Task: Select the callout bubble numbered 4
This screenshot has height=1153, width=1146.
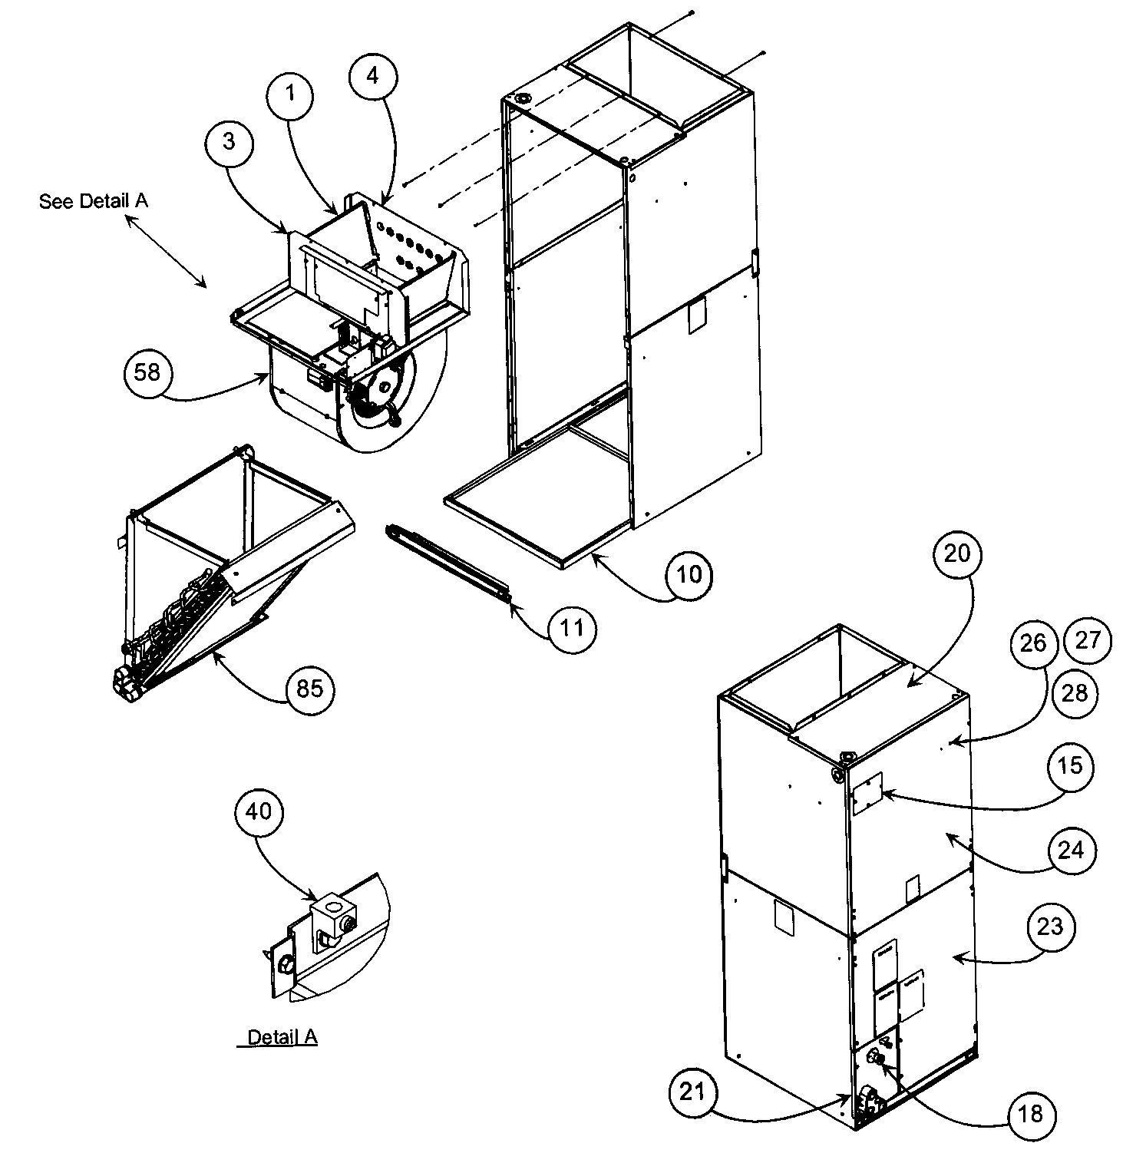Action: click(x=372, y=75)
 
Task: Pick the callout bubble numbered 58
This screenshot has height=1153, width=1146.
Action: click(x=147, y=372)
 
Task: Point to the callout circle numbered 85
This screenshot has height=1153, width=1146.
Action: click(x=310, y=689)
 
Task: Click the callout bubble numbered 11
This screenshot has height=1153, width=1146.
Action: click(x=572, y=628)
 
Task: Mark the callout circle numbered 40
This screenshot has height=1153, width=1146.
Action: click(x=259, y=811)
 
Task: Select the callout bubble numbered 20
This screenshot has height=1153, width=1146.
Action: click(x=957, y=553)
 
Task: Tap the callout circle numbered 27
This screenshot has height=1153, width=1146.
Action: click(x=1088, y=640)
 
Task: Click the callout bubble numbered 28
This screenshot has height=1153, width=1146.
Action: click(x=1074, y=693)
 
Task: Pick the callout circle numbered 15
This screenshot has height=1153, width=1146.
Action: click(x=1070, y=765)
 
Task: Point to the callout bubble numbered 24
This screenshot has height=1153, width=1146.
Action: click(x=1071, y=850)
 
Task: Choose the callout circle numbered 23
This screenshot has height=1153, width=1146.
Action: click(x=1049, y=927)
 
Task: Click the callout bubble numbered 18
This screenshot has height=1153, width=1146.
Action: click(x=1032, y=1113)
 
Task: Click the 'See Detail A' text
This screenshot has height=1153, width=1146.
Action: click(x=94, y=201)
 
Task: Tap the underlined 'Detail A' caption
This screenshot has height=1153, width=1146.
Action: click(x=282, y=1038)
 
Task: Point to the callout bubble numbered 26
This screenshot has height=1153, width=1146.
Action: click(x=1033, y=643)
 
